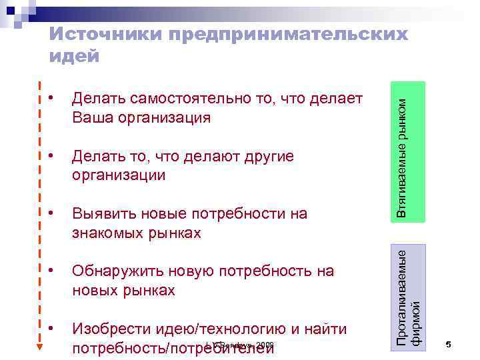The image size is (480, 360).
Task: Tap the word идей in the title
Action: click(x=74, y=57)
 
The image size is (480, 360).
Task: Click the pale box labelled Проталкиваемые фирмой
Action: click(x=408, y=293)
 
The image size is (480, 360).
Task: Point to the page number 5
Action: click(x=449, y=345)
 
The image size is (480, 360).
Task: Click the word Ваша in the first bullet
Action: click(x=93, y=118)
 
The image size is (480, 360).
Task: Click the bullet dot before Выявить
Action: click(x=51, y=213)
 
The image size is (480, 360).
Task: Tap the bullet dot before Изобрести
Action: click(x=51, y=327)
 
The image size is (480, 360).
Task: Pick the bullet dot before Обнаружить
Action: click(x=51, y=269)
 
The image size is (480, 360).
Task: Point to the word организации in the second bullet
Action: click(x=119, y=175)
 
